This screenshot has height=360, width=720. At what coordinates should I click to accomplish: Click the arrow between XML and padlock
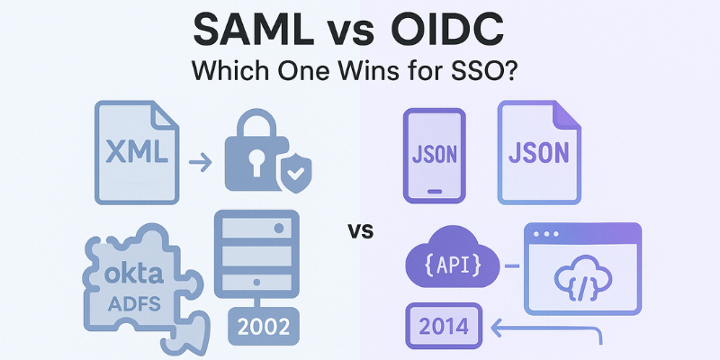click(x=201, y=163)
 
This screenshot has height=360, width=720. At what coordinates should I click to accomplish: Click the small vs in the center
click(x=360, y=232)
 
